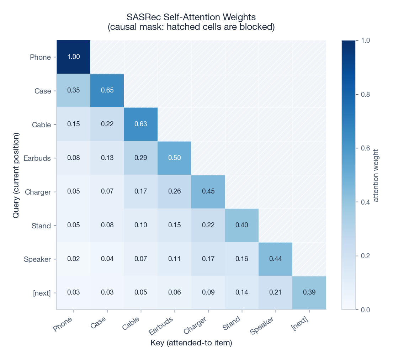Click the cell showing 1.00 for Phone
pyautogui.click(x=74, y=57)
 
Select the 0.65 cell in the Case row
pyautogui.click(x=107, y=90)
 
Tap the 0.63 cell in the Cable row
pyautogui.click(x=141, y=124)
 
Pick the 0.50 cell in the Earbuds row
pyautogui.click(x=174, y=158)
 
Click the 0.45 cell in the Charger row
pyautogui.click(x=208, y=191)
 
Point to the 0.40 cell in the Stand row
pyautogui.click(x=242, y=225)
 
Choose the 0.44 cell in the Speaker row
pyautogui.click(x=275, y=259)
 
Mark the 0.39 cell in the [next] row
pyautogui.click(x=309, y=292)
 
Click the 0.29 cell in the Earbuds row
pyautogui.click(x=141, y=158)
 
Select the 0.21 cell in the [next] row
pyautogui.click(x=275, y=292)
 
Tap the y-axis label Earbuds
pyautogui.click(x=37, y=158)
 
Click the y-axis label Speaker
pyautogui.click(x=37, y=259)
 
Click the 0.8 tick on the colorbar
pyautogui.click(x=365, y=94)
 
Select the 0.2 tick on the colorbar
pyautogui.click(x=365, y=256)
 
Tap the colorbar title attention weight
pyautogui.click(x=376, y=175)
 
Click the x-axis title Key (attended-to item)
pyautogui.click(x=191, y=343)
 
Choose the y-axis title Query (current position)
pyautogui.click(x=16, y=175)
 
